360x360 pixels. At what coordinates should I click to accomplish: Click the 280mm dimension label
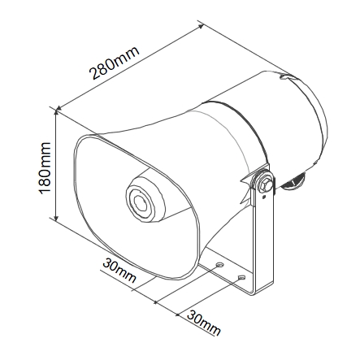(115, 63)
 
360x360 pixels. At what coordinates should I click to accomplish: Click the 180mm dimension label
(45, 167)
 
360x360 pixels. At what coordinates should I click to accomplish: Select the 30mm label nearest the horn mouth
(119, 271)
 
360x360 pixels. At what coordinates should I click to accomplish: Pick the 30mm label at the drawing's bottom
(204, 323)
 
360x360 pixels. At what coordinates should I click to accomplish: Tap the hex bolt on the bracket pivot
(265, 184)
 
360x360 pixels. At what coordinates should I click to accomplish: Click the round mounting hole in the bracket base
(219, 264)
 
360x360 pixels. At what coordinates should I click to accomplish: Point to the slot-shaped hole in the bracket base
(241, 277)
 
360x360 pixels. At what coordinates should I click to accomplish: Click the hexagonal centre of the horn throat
(141, 202)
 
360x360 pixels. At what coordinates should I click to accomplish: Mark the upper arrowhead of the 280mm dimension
(201, 26)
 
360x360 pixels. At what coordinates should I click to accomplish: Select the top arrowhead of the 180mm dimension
(56, 111)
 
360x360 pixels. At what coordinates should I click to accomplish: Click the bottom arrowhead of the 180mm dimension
(56, 217)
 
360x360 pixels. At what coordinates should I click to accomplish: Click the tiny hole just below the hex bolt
(264, 197)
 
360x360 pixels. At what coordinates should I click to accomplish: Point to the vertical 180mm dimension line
(56, 164)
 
